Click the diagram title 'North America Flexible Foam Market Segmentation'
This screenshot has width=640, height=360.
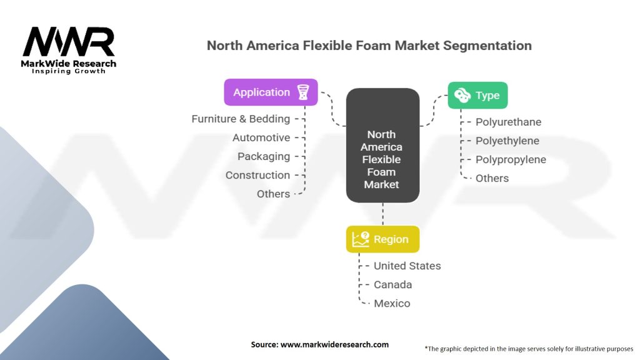point(369,46)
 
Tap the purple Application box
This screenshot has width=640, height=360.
point(271,92)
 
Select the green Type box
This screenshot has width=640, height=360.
point(477,95)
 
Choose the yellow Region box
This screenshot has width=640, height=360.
point(382,239)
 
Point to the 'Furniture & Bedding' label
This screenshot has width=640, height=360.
point(241,119)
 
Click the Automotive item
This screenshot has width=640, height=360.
point(261,137)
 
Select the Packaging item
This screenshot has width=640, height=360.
point(264,156)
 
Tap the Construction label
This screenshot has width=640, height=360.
point(257,175)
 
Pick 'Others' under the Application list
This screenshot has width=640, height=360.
point(273,194)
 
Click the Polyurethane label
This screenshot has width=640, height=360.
point(508,122)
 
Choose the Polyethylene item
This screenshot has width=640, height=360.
point(507,141)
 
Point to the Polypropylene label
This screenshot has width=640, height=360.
point(511,159)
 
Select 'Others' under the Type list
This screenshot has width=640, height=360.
point(492,178)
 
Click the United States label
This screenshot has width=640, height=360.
point(407,266)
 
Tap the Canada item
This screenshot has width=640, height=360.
point(392,284)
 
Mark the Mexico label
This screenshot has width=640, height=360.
point(392,303)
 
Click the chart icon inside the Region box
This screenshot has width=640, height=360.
point(361,239)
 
